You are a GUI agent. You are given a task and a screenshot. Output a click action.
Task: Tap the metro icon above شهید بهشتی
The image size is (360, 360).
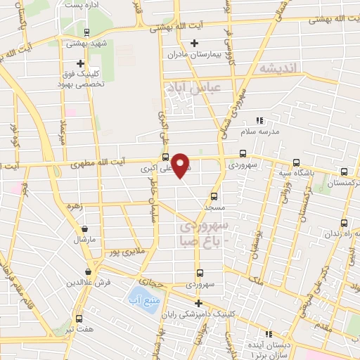[86, 32]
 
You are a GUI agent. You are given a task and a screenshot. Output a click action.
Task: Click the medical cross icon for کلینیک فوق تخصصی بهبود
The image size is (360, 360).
[80, 63]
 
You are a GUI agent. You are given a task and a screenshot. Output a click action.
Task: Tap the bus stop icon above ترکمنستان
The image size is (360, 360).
[344, 171]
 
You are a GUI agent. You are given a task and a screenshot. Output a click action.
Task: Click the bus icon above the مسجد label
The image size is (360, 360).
[214, 197]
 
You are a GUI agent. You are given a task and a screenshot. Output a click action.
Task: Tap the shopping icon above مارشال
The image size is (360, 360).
[84, 229]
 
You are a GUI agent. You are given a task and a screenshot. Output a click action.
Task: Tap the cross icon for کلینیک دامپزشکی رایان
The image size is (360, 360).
[199, 304]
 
